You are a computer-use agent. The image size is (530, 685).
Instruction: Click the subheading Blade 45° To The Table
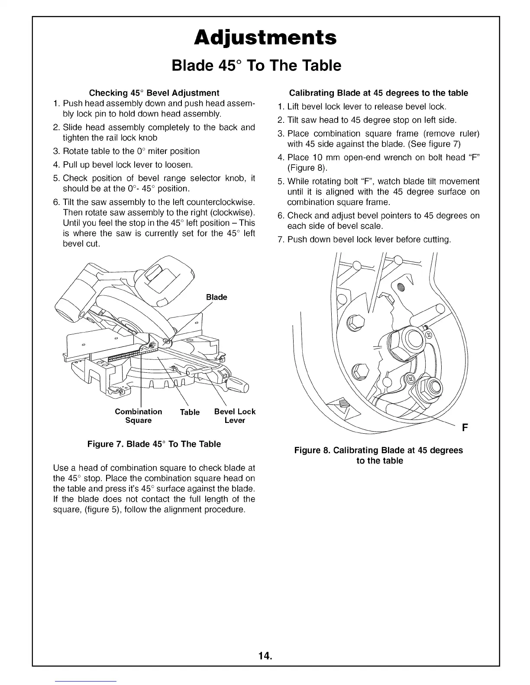tap(256, 66)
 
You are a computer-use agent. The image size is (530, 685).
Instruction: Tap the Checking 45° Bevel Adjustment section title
tap(154, 93)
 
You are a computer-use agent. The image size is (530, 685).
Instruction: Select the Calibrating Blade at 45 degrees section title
tap(378, 93)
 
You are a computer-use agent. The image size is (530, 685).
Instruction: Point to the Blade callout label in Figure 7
tap(217, 297)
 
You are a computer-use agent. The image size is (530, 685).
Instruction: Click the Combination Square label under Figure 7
tap(138, 416)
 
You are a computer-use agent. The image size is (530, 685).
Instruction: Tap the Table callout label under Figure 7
tap(190, 412)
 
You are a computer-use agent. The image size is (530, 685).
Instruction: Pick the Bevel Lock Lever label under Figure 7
tap(235, 416)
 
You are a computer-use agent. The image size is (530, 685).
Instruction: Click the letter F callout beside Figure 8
tap(465, 429)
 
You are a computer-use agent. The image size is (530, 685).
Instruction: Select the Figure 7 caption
tap(154, 444)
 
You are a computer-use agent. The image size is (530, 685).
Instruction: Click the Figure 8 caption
tap(378, 455)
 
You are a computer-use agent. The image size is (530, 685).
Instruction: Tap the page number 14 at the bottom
tap(265, 656)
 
